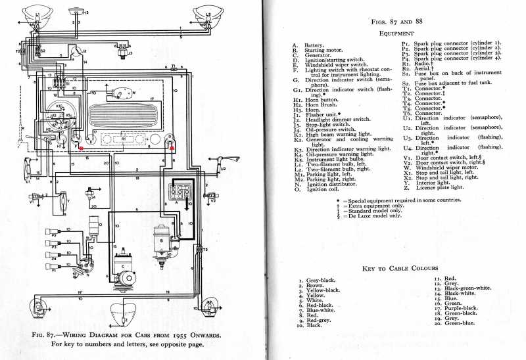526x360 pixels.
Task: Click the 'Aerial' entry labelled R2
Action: pyautogui.click(x=424, y=68)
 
